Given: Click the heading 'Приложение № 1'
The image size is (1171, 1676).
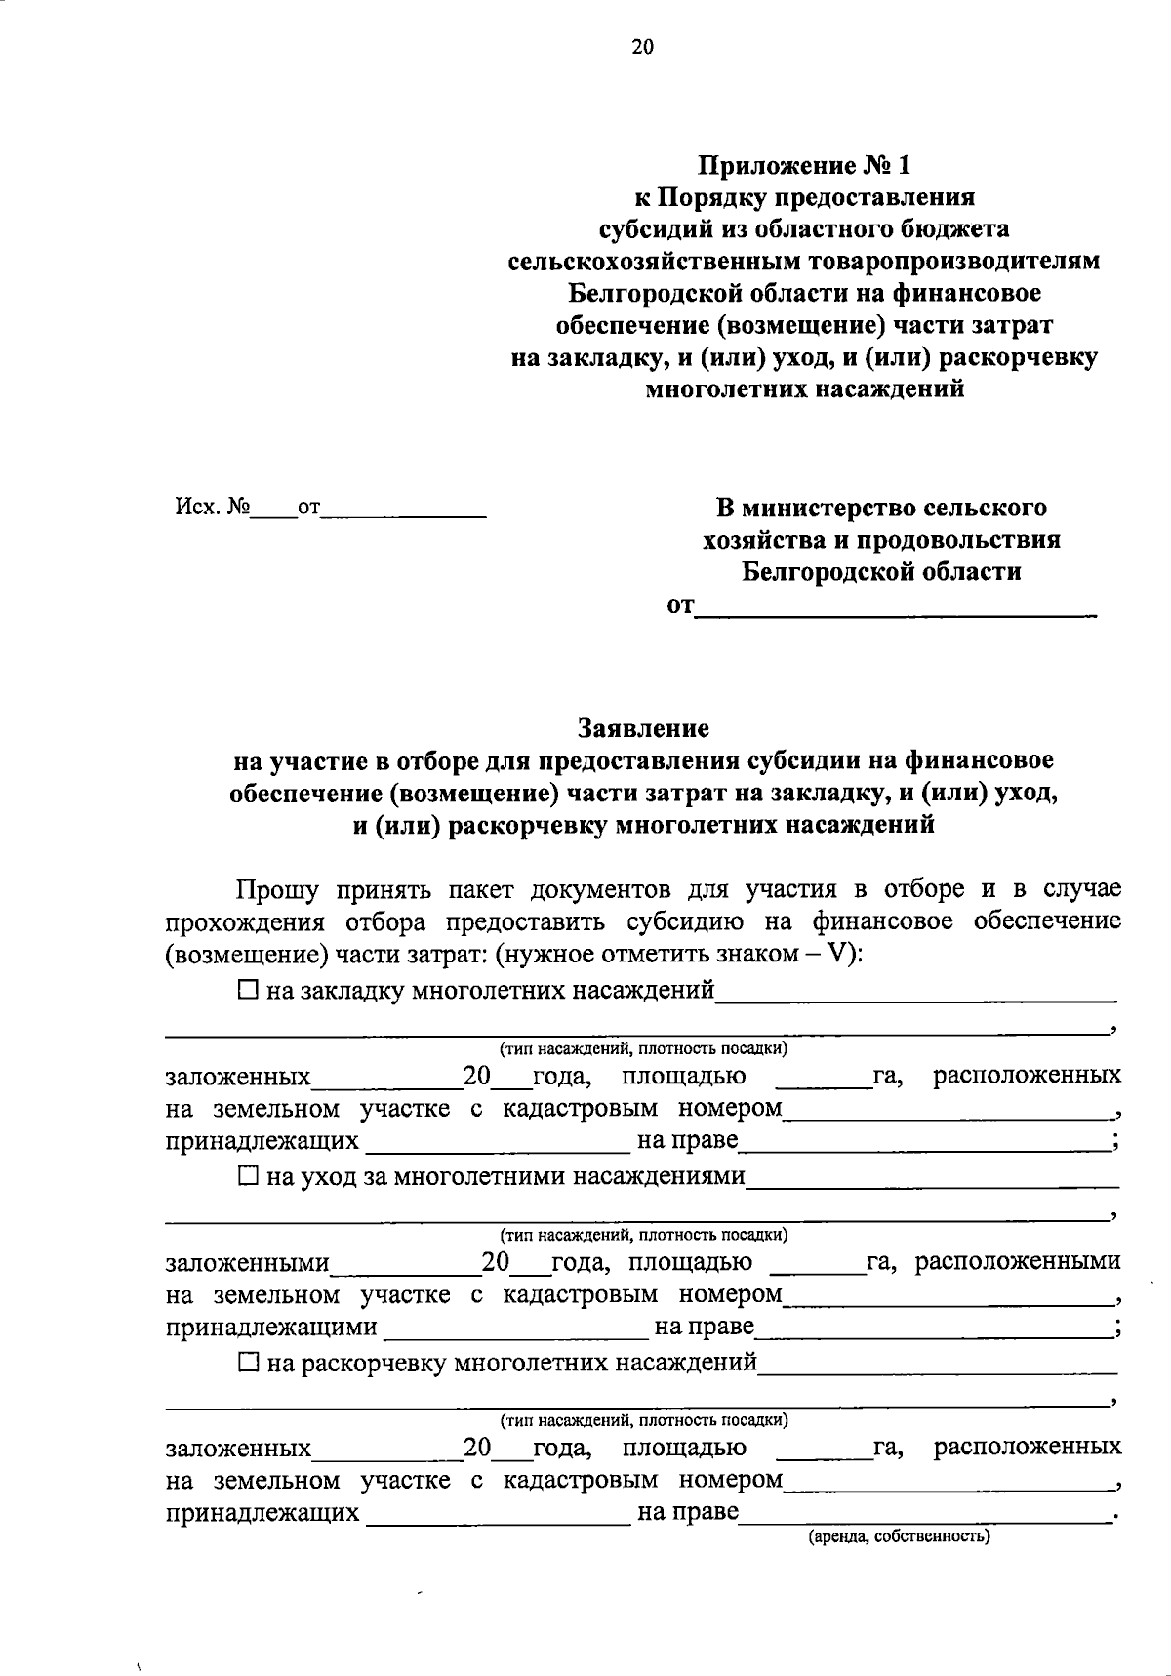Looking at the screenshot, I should pyautogui.click(x=803, y=165).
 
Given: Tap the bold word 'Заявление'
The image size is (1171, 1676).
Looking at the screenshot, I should pyautogui.click(x=643, y=728).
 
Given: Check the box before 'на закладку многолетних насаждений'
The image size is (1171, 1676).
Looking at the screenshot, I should pyautogui.click(x=248, y=991).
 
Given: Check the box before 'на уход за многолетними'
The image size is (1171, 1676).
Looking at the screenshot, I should pyautogui.click(x=248, y=1177).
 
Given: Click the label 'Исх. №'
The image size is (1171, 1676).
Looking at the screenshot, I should pyautogui.click(x=212, y=508).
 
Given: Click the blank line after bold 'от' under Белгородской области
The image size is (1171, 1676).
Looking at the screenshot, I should pyautogui.click(x=896, y=609).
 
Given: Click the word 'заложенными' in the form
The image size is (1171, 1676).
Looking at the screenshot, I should pyautogui.click(x=247, y=1263).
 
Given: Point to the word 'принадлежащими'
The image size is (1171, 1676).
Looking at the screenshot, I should pyautogui.click(x=271, y=1327).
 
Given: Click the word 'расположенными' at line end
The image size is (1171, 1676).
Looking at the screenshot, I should pyautogui.click(x=1019, y=1262).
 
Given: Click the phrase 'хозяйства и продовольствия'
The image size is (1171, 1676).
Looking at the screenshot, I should pyautogui.click(x=881, y=540).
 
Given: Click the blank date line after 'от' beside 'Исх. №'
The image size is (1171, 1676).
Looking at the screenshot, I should pyautogui.click(x=403, y=510).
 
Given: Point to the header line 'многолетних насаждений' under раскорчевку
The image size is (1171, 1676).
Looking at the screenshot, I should pyautogui.click(x=805, y=389).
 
